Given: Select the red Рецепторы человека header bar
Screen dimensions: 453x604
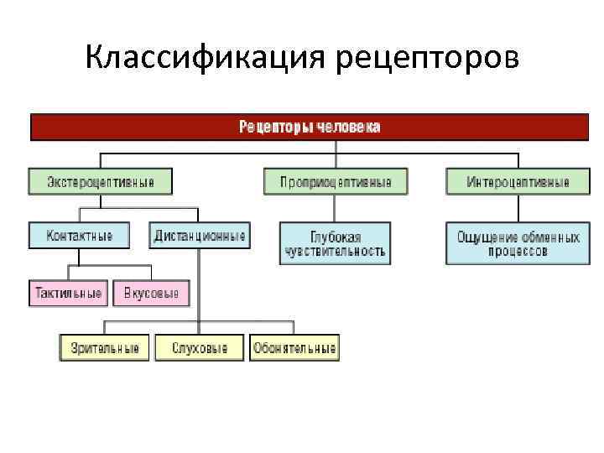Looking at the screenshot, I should point(310,128).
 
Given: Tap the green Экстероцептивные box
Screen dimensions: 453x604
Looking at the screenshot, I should point(100,182).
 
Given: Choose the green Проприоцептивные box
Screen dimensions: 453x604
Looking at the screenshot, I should point(335,182).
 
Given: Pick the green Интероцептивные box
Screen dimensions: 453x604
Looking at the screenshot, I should point(518,182).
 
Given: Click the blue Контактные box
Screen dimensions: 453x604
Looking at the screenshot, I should point(80,236).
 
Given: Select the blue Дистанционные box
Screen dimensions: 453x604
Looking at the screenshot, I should point(200,236).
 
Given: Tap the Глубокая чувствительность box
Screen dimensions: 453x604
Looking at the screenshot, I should point(335,243).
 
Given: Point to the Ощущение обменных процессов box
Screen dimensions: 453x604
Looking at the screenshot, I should point(518,243).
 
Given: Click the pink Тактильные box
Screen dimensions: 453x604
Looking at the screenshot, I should point(68,294).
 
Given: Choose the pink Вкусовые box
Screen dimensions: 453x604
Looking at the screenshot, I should point(151,294).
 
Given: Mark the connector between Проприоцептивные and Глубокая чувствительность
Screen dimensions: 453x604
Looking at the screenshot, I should point(336,209).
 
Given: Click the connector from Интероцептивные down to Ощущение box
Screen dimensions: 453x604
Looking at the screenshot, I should point(518,209).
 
